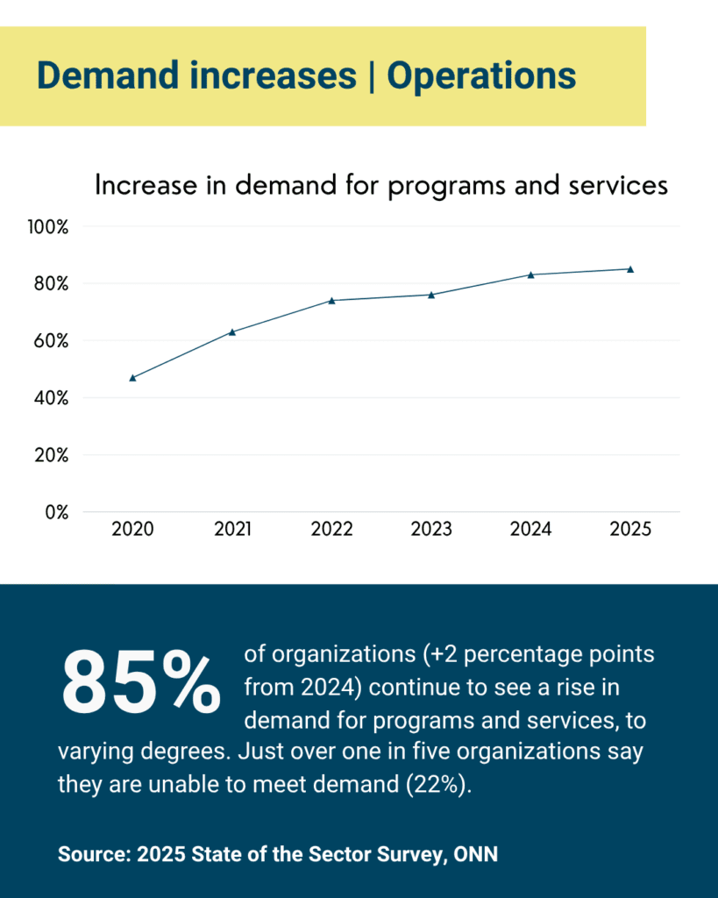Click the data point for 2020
click(x=132, y=377)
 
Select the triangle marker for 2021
click(x=232, y=331)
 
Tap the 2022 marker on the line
click(x=331, y=300)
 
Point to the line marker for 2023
click(x=431, y=295)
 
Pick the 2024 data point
click(x=530, y=274)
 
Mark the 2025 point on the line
click(x=629, y=269)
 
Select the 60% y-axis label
click(x=51, y=340)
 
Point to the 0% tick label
click(x=56, y=512)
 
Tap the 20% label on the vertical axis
click(x=51, y=455)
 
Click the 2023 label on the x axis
click(x=431, y=530)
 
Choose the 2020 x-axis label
click(x=133, y=530)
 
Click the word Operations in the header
click(x=481, y=76)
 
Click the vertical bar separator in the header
click(x=372, y=76)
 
